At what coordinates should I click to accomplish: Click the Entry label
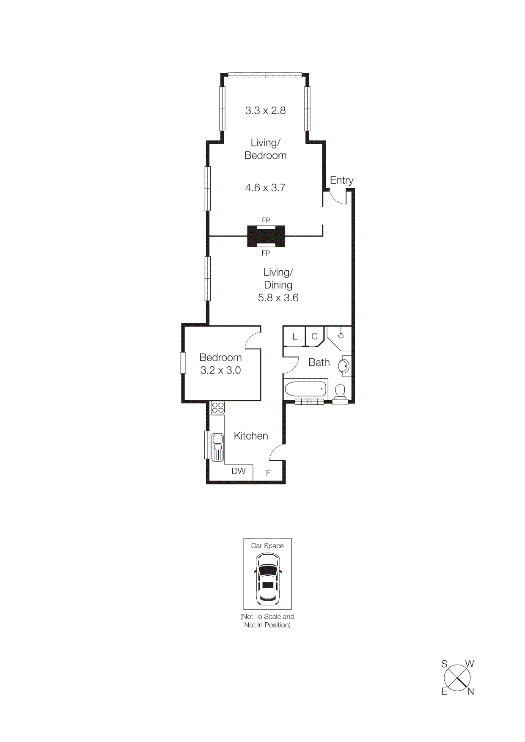pyautogui.click(x=341, y=180)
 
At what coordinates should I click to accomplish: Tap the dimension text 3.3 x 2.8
pyautogui.click(x=265, y=111)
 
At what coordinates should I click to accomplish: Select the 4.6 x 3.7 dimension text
pyautogui.click(x=265, y=188)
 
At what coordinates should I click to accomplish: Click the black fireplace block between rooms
pyautogui.click(x=266, y=236)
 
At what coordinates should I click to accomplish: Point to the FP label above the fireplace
pyautogui.click(x=266, y=220)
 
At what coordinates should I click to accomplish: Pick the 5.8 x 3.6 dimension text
pyautogui.click(x=278, y=298)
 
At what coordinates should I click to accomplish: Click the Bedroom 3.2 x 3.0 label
pyautogui.click(x=220, y=364)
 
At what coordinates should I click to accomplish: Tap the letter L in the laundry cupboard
pyautogui.click(x=295, y=337)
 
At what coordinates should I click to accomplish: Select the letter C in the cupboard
pyautogui.click(x=314, y=337)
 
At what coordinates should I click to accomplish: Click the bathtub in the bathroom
pyautogui.click(x=305, y=389)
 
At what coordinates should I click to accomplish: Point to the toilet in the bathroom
pyautogui.click(x=340, y=392)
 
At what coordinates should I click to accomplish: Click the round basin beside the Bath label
pyautogui.click(x=344, y=366)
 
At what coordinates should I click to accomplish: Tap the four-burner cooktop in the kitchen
pyautogui.click(x=218, y=408)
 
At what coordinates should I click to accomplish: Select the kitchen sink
pyautogui.click(x=217, y=446)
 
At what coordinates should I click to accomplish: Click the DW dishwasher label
pyautogui.click(x=239, y=471)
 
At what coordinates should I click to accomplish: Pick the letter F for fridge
pyautogui.click(x=268, y=473)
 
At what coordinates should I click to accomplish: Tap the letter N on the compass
pyautogui.click(x=470, y=692)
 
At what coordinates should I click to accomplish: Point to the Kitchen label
pyautogui.click(x=251, y=436)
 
